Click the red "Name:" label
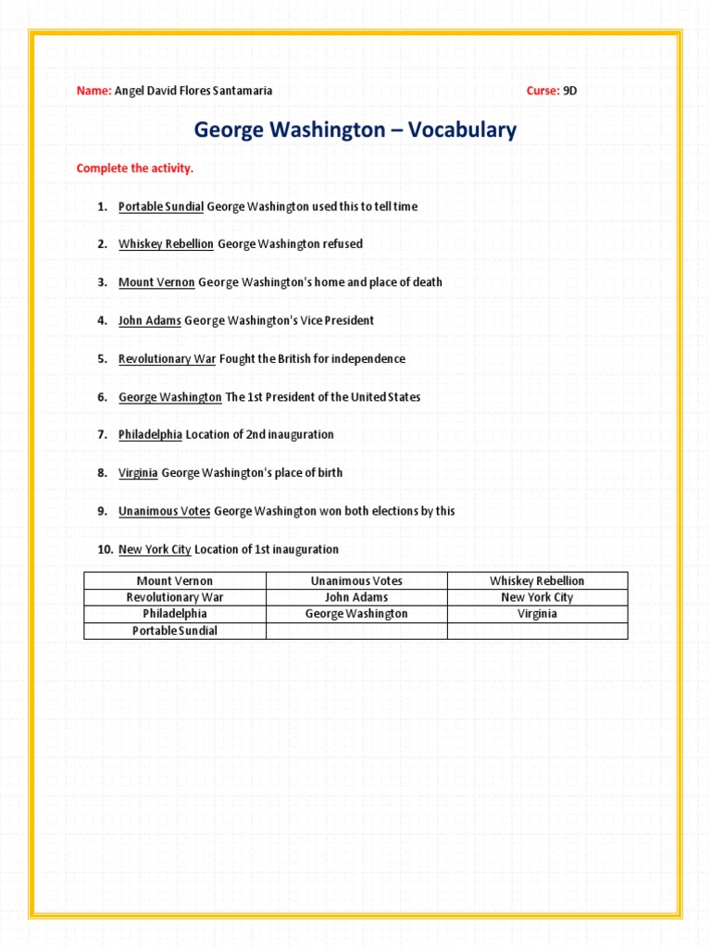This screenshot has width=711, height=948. tap(94, 91)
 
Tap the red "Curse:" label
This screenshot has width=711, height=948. tap(543, 91)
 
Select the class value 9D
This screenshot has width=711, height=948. tap(570, 91)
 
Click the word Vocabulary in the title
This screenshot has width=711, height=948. tap(459, 131)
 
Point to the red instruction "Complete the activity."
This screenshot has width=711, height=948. tap(135, 168)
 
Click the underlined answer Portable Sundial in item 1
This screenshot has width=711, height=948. tap(161, 206)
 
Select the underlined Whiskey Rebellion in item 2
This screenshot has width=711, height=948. tap(166, 244)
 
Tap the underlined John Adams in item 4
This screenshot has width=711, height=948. tap(149, 320)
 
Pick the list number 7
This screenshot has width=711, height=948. tap(103, 435)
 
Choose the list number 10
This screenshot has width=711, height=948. tap(105, 550)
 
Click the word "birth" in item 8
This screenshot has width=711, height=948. tap(329, 473)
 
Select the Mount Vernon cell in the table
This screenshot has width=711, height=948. tap(175, 581)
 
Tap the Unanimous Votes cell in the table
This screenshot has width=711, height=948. tap(356, 581)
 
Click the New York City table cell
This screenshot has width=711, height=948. tap(537, 598)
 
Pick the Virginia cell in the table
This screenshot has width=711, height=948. tap(537, 614)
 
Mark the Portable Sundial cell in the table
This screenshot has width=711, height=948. tap(175, 630)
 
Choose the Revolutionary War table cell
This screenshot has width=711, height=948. tap(175, 598)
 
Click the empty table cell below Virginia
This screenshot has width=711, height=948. tap(537, 630)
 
